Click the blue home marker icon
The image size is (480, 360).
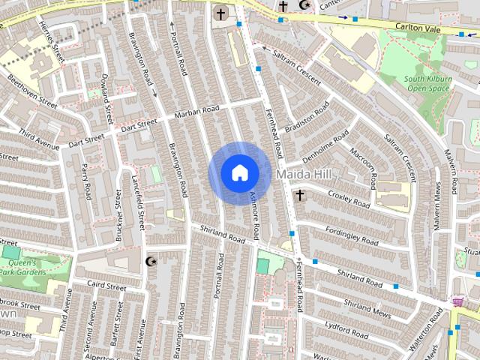tap(239, 172)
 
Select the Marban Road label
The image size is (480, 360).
tap(196, 112)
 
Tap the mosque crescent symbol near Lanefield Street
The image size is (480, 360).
tap(149, 261)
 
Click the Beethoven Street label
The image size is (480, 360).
tap(32, 90)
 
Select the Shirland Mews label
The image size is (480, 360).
tap(367, 308)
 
